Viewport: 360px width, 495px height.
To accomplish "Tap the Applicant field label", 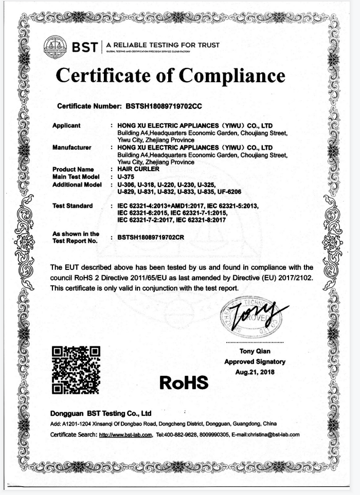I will point(66,125).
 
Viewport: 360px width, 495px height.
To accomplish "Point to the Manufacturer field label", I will point(71,148).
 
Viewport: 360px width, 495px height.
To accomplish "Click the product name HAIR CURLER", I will point(139,169).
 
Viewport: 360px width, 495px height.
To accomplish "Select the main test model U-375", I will point(126,176).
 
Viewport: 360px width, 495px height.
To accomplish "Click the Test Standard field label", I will point(73,206).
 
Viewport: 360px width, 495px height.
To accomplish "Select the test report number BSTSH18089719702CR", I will point(151,237).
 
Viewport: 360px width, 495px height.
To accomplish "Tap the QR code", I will point(77,370).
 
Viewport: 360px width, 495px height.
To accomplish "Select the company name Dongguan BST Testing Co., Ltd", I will point(101,413).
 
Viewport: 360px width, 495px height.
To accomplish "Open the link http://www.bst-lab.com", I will point(125,434).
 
